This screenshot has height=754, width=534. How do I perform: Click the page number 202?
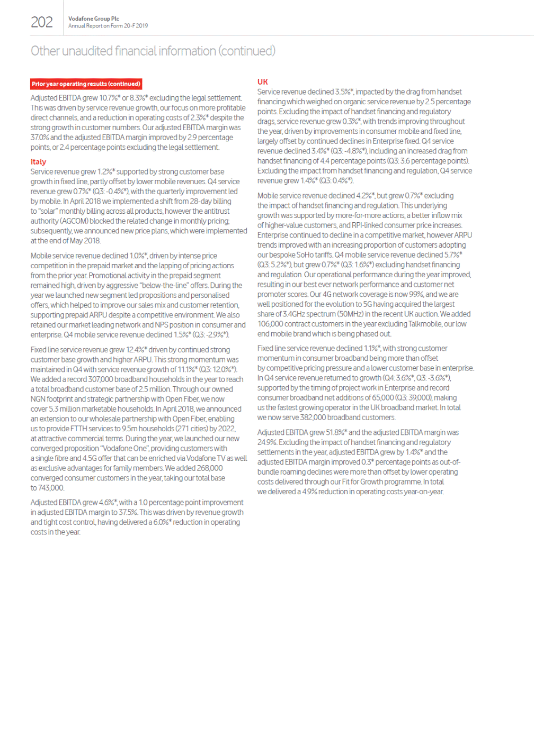point(42,22)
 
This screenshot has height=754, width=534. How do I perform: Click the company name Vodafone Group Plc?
point(93,19)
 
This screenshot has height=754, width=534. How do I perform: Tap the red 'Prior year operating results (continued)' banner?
point(86,84)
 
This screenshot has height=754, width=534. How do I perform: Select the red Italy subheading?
point(38,162)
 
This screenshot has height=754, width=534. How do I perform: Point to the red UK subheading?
point(262,82)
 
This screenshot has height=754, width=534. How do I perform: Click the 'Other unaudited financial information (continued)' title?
point(153,51)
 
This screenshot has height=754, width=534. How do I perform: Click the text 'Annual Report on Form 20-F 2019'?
point(108,26)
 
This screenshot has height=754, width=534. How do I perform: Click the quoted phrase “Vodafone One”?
point(124,449)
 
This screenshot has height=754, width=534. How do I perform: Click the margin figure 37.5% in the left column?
point(127,512)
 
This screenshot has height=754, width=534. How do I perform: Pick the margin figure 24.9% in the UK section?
point(266,442)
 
